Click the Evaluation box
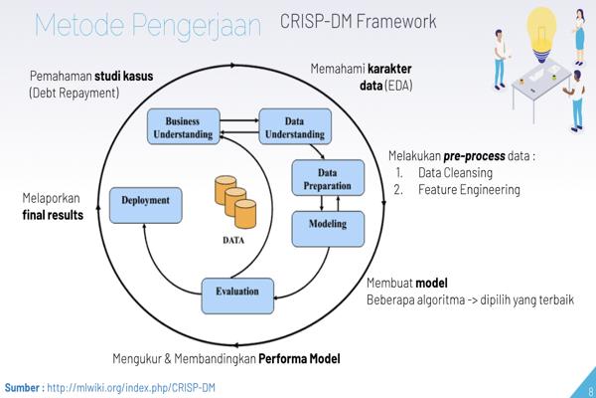[x=237, y=292]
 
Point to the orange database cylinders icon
[x=235, y=200]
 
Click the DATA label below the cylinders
[x=235, y=240]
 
